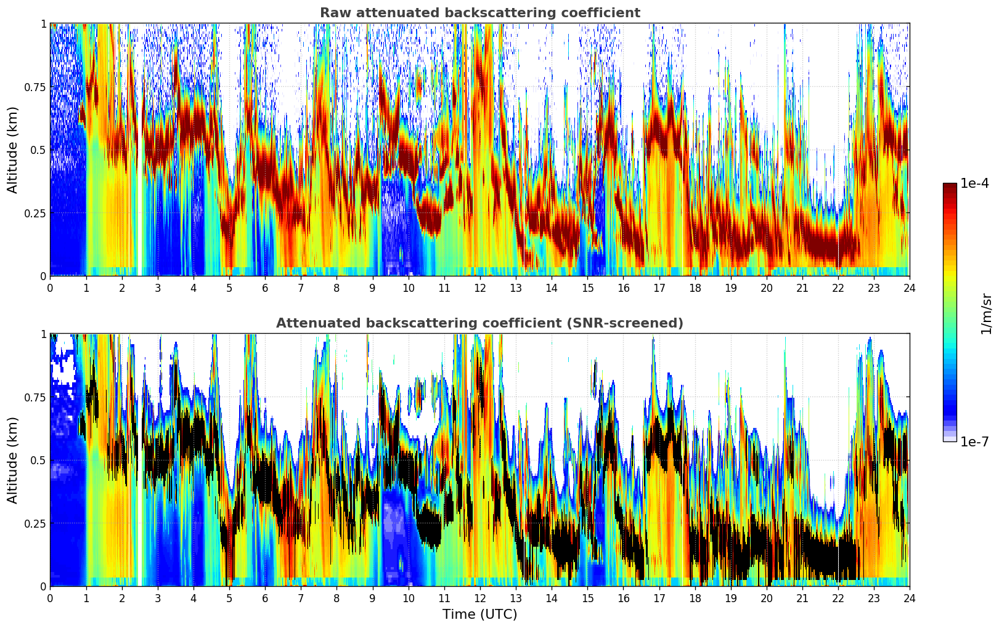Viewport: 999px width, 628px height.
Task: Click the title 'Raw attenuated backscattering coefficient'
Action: click(479, 13)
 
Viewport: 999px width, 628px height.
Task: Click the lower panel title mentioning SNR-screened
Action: click(479, 323)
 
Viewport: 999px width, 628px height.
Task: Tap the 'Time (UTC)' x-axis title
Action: click(479, 614)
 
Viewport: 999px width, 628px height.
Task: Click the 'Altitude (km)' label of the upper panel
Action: click(13, 150)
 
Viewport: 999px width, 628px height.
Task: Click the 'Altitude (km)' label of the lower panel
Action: click(13, 460)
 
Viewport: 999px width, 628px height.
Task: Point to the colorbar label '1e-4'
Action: click(974, 183)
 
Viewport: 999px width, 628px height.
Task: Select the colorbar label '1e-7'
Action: click(974, 441)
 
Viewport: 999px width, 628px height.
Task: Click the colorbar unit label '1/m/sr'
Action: click(986, 313)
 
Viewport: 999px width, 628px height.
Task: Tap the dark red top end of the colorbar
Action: click(950, 187)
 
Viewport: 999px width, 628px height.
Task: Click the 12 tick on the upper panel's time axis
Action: click(480, 288)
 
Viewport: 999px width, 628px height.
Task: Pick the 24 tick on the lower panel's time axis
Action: click(909, 598)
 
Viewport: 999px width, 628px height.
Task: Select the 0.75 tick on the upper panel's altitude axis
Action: click(35, 87)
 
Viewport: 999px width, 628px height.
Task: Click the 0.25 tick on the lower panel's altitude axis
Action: click(35, 523)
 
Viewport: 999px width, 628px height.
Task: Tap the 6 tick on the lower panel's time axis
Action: click(265, 598)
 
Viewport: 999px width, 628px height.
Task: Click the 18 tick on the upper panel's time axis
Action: click(695, 288)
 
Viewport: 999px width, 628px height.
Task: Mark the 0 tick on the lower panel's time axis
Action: click(50, 598)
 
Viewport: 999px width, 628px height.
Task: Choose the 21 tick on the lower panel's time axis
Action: click(802, 598)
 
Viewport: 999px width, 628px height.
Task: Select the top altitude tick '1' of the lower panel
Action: click(43, 334)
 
